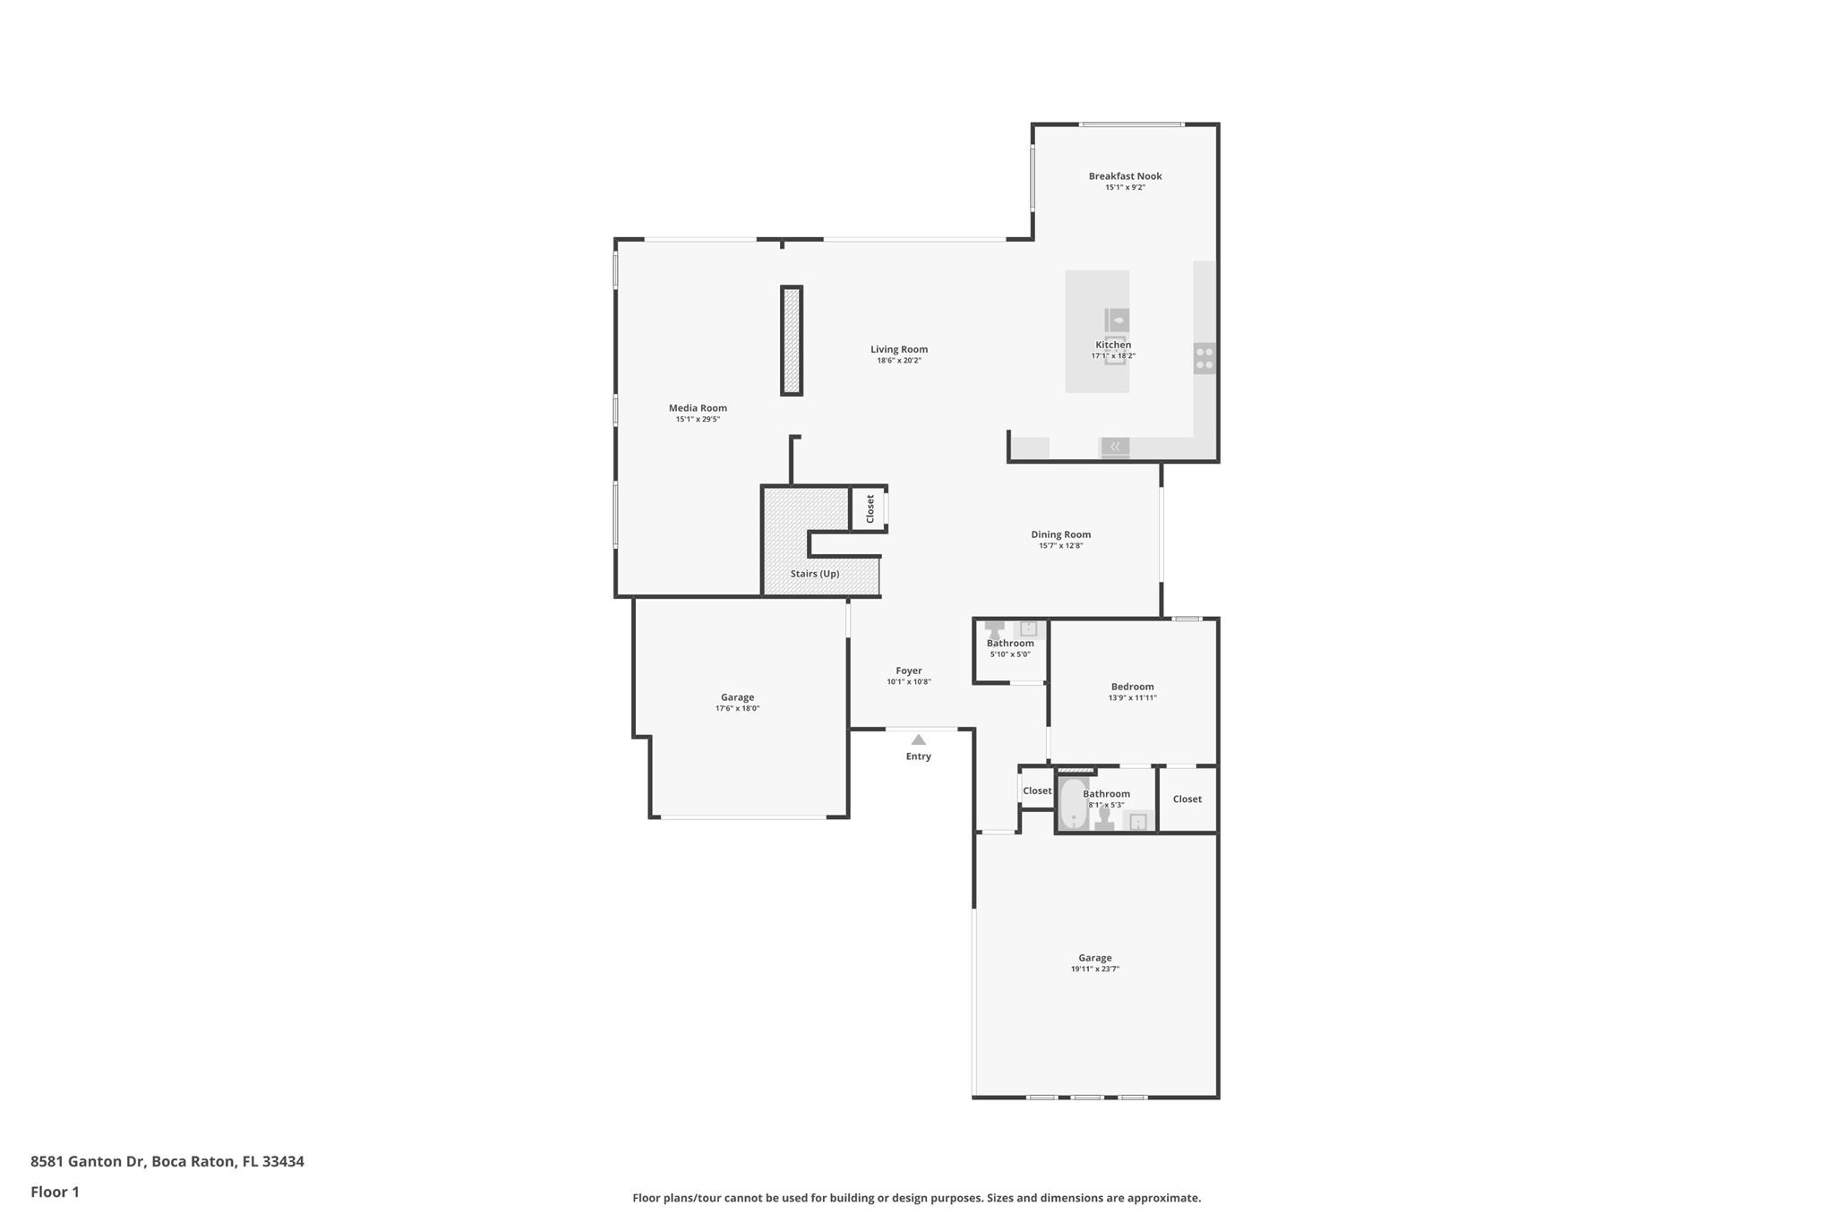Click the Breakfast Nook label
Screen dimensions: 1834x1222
(1125, 176)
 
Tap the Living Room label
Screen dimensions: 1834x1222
(899, 350)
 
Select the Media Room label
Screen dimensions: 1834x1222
(698, 408)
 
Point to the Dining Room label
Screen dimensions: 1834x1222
(1060, 534)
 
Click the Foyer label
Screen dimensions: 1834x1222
(909, 671)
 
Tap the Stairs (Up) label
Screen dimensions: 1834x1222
(815, 574)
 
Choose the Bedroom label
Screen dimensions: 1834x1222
(1133, 687)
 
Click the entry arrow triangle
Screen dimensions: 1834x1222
(918, 739)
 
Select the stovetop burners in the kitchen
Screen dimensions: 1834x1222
(1204, 358)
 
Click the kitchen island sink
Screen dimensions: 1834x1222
(1117, 320)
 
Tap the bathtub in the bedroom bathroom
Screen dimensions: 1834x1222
(1073, 803)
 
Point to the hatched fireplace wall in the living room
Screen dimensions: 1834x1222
(792, 340)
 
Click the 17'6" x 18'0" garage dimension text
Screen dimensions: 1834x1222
(737, 708)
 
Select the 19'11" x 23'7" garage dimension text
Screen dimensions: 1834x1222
(1095, 969)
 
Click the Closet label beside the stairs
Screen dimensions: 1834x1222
(870, 508)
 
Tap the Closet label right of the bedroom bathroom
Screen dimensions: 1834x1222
(1187, 799)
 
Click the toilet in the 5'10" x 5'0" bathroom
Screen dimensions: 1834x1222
(994, 630)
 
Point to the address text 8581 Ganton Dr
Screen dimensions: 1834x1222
(88, 1161)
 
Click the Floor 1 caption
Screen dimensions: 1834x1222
(55, 1192)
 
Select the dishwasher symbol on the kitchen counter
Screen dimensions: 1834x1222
(1115, 447)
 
